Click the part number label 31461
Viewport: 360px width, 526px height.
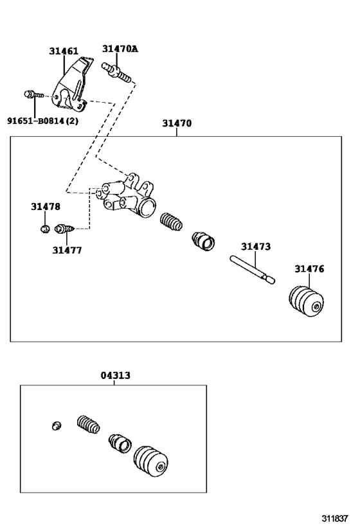click(63, 49)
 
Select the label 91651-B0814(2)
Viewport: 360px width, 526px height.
click(42, 120)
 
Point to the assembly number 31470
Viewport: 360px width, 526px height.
click(176, 123)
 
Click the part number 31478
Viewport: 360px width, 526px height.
click(45, 206)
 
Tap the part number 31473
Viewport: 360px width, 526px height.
click(256, 246)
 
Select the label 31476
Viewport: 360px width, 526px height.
click(309, 268)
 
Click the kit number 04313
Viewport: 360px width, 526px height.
click(115, 375)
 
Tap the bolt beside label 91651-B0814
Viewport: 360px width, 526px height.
click(32, 94)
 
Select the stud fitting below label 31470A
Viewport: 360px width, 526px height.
click(117, 71)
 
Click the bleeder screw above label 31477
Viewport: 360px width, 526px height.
click(65, 228)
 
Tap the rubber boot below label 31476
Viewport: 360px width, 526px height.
click(307, 302)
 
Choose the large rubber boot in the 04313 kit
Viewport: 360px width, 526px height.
click(151, 460)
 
